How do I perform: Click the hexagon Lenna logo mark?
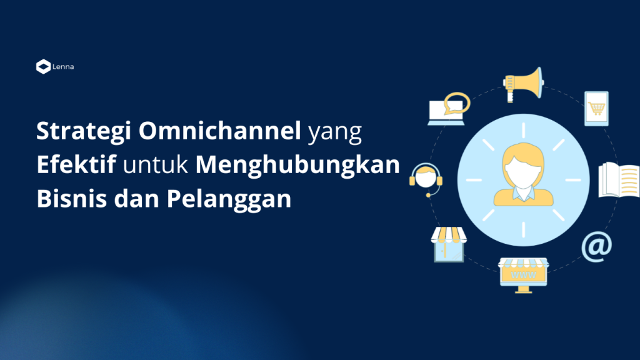pyautogui.click(x=43, y=66)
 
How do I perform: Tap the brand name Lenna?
pyautogui.click(x=63, y=66)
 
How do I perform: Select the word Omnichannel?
pyautogui.click(x=219, y=131)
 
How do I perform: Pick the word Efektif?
pyautogui.click(x=76, y=164)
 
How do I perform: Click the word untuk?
pyautogui.click(x=156, y=165)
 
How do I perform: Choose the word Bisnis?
pyautogui.click(x=72, y=198)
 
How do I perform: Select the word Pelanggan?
pyautogui.click(x=229, y=199)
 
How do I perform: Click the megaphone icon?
pyautogui.click(x=523, y=84)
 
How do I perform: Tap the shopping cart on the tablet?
pyautogui.click(x=596, y=109)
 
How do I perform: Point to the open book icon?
pyautogui.click(x=619, y=180)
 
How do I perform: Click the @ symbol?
pyautogui.click(x=596, y=246)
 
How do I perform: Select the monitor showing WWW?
pyautogui.click(x=523, y=275)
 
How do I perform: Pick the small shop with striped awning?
pyautogui.click(x=449, y=244)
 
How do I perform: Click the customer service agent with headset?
pyautogui.click(x=426, y=180)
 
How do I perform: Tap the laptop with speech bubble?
pyautogui.click(x=448, y=109)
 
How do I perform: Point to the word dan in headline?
pyautogui.click(x=137, y=198)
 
